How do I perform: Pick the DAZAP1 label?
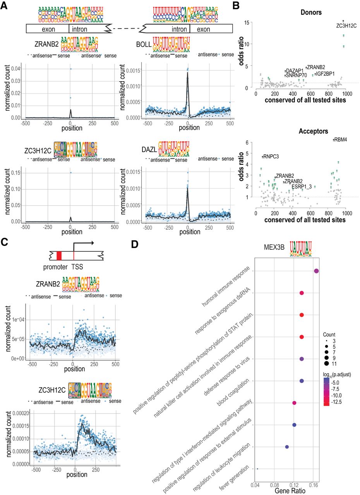[295, 71]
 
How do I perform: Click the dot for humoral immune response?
[316, 271]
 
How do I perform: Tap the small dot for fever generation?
[257, 469]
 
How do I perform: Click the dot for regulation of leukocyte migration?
[287, 447]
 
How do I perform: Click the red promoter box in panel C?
[59, 256]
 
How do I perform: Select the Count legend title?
[330, 335]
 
